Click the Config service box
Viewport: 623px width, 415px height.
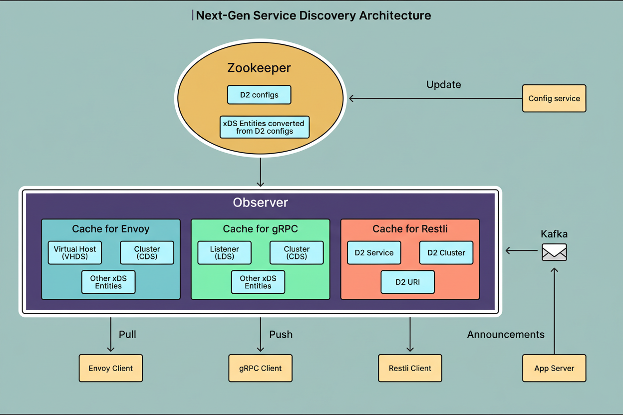(554, 98)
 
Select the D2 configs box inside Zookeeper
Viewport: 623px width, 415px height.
(259, 95)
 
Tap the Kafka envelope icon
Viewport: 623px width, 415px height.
(554, 252)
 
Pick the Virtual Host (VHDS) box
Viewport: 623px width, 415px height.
(75, 252)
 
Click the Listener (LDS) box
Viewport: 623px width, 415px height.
(224, 252)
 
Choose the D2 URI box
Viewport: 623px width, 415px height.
(407, 282)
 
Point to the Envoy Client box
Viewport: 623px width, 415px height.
(111, 368)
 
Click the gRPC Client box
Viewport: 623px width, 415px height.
(260, 368)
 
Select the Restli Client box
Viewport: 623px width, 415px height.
(410, 368)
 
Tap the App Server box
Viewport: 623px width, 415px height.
(554, 368)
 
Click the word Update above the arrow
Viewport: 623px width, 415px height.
(443, 85)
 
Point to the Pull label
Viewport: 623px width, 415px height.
(127, 334)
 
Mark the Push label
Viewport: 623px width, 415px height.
(281, 334)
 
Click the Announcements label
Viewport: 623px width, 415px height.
(506, 334)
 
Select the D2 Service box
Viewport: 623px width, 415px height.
(374, 252)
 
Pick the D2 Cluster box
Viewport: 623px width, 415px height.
(446, 252)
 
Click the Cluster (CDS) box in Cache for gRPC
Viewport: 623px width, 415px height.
(297, 252)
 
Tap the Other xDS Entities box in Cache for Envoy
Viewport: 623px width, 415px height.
(108, 282)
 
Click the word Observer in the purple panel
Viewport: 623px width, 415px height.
(260, 203)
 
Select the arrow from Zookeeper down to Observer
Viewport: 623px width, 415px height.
(260, 172)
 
